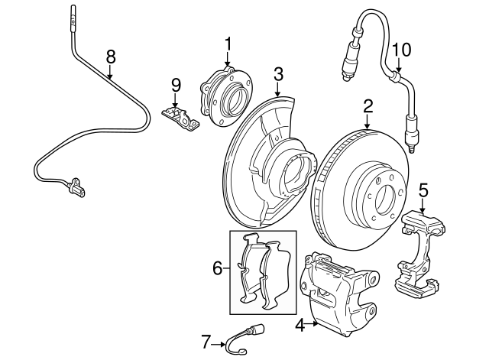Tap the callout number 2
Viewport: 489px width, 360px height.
tap(368, 105)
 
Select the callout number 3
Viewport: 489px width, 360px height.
tap(278, 74)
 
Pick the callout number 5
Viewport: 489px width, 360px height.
tap(424, 189)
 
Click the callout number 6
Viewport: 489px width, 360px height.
tap(218, 268)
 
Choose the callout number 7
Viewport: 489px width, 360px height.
tap(205, 342)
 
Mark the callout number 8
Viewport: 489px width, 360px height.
tap(111, 56)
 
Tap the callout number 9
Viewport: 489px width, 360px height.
tap(176, 84)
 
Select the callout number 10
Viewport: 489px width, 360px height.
tap(401, 50)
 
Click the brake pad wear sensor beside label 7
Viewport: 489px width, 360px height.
tap(238, 341)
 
